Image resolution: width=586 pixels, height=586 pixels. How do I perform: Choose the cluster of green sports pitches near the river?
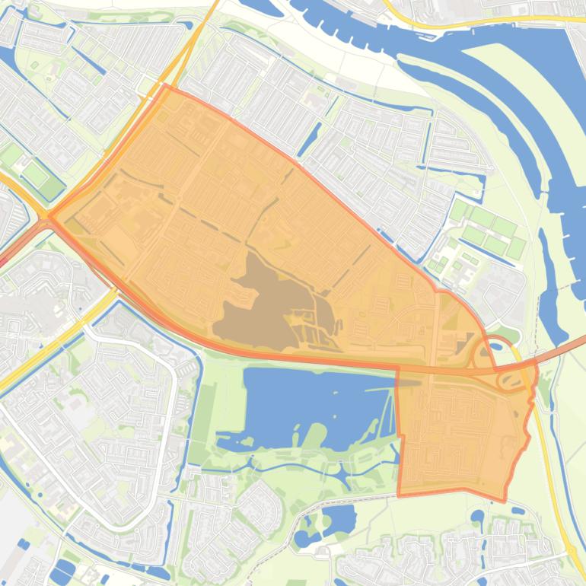coord(487,228)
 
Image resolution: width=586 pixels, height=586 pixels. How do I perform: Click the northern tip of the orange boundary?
coord(166,86)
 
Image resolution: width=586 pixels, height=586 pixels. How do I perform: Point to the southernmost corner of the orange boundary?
coord(504,501)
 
